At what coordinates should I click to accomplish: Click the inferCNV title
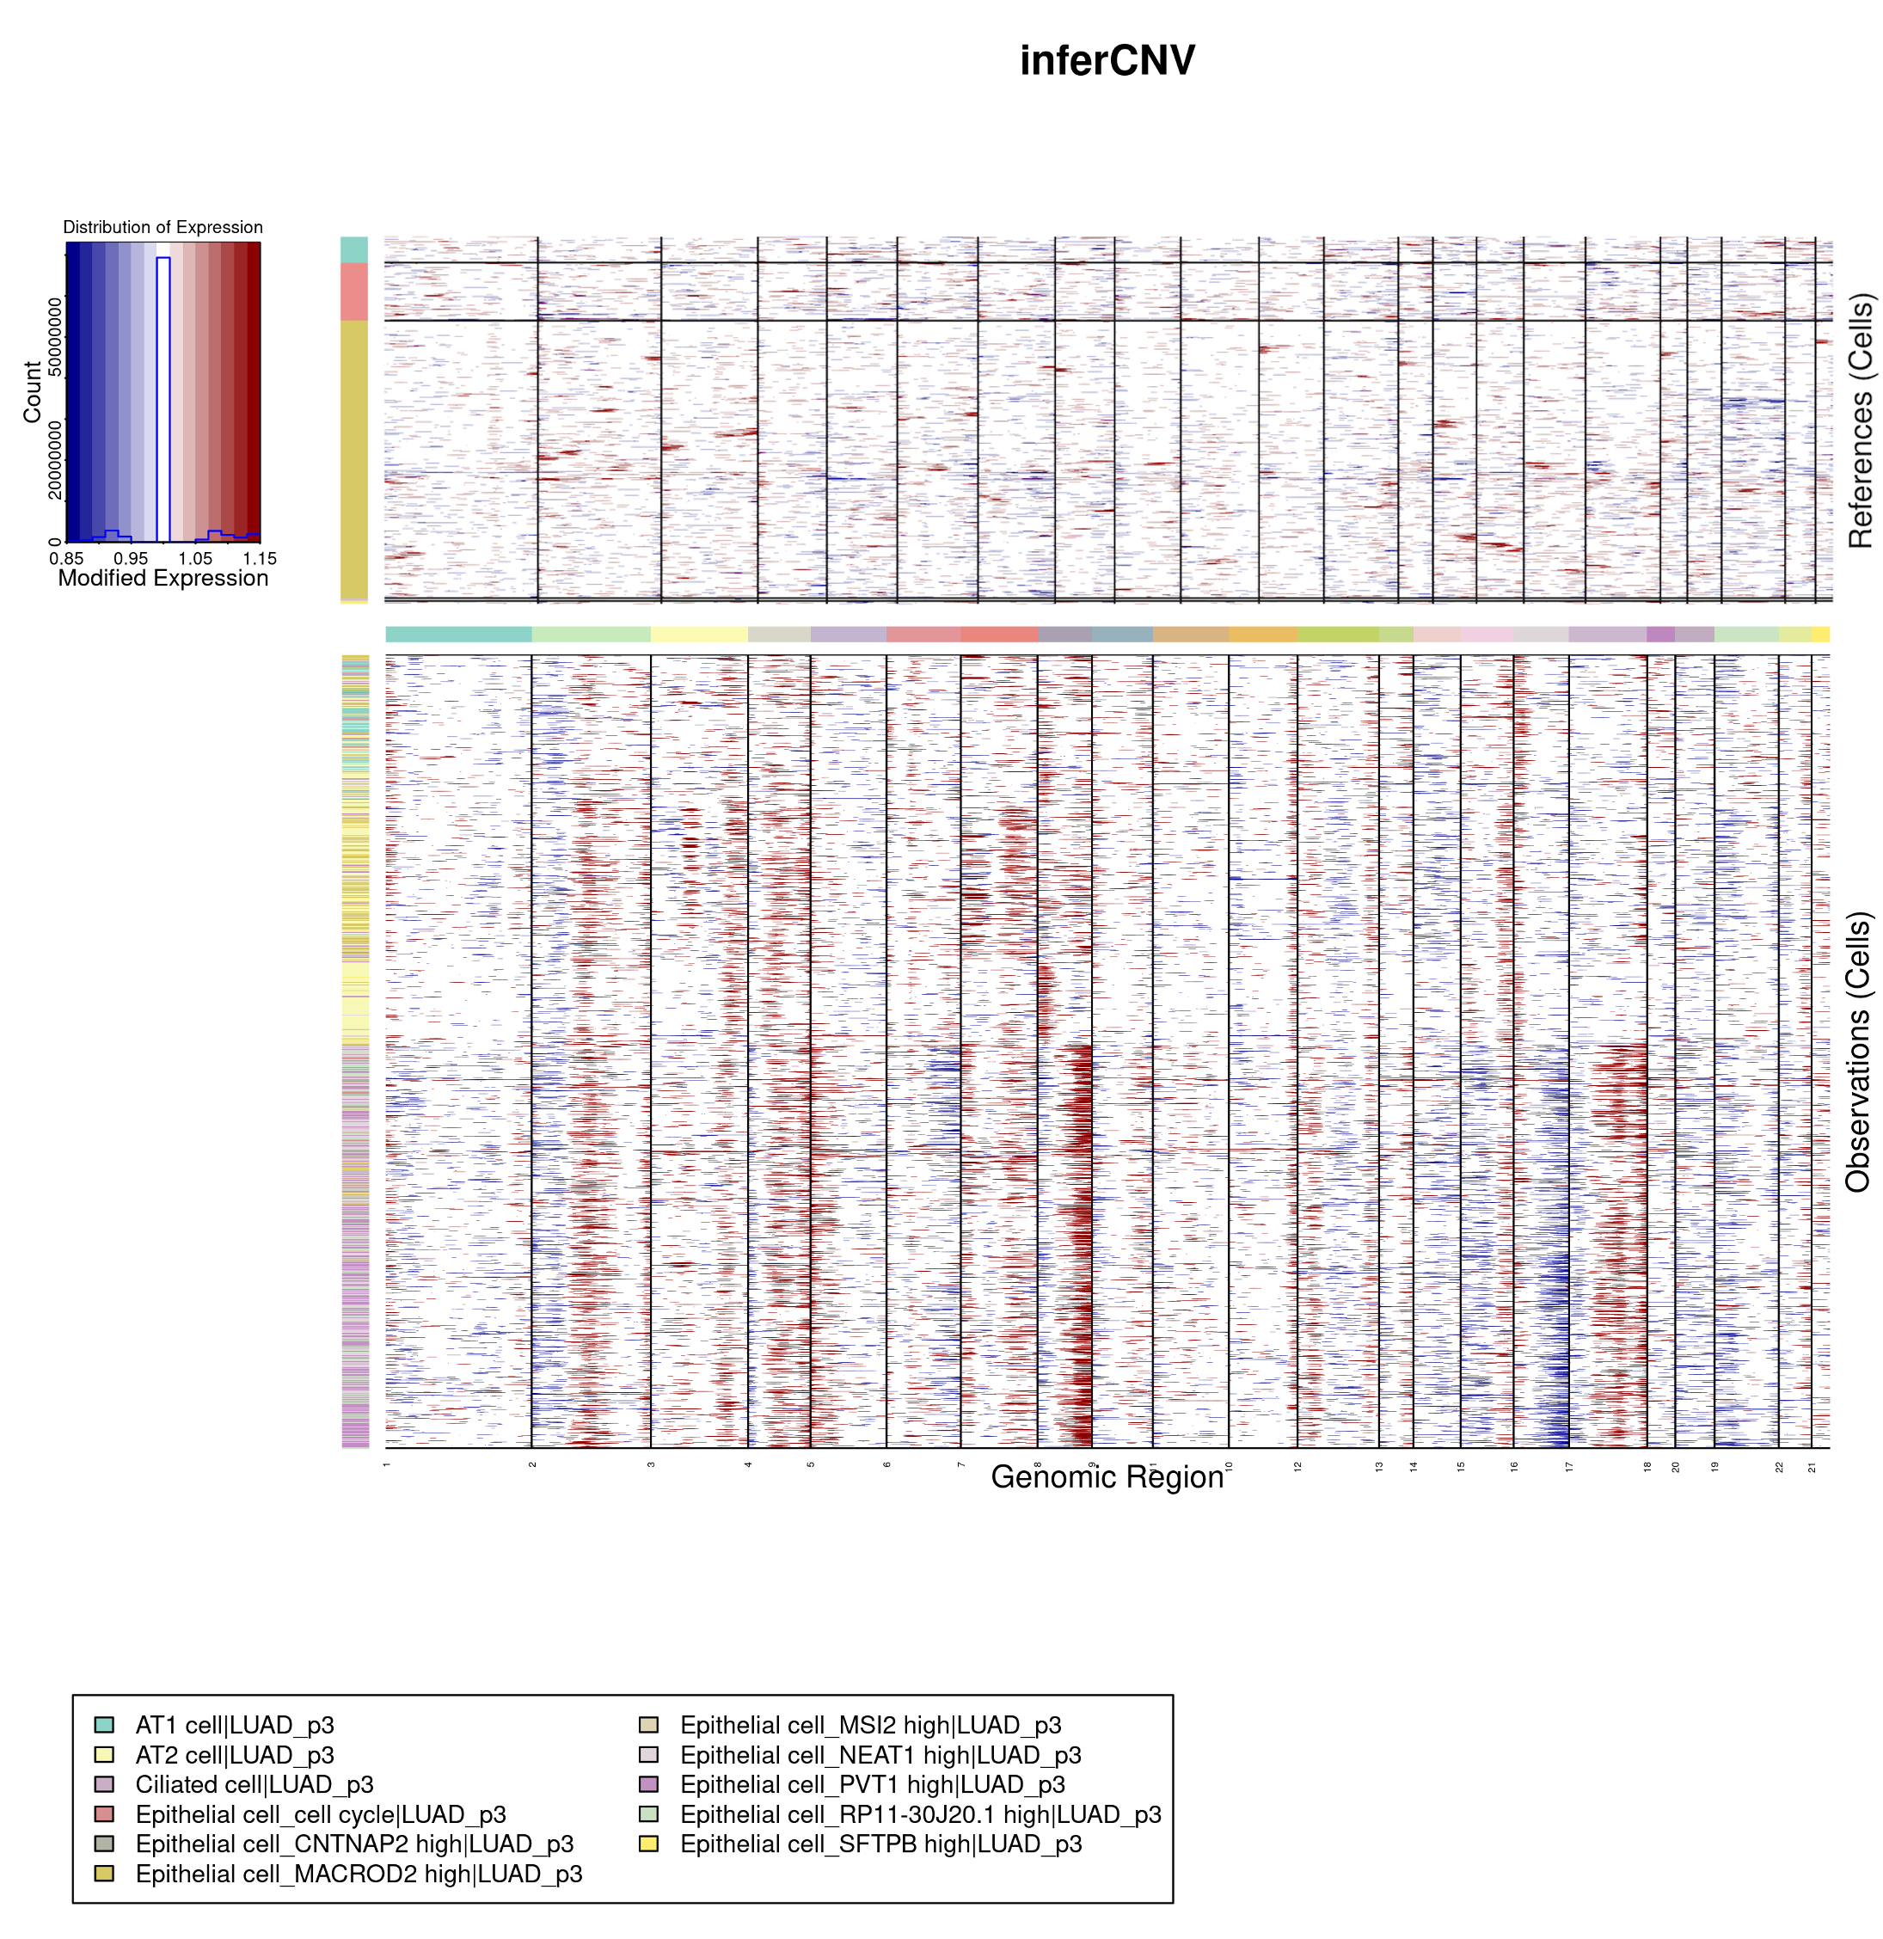[1107, 60]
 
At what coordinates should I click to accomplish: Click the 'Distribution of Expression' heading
[163, 228]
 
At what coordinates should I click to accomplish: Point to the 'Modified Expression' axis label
[163, 578]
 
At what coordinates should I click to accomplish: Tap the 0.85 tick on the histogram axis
[66, 558]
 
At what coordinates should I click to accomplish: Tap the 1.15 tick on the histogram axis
[259, 558]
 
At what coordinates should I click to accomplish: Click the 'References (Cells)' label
[1861, 420]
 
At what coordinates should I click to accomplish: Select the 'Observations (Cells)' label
[1857, 1052]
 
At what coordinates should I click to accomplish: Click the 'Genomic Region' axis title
[1107, 1477]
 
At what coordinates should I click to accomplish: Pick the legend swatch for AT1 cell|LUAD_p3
[104, 1725]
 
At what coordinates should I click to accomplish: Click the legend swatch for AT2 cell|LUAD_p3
[104, 1755]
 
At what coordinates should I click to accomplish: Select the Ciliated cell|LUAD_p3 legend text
[255, 1785]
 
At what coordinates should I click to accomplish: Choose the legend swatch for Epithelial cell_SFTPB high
[649, 1844]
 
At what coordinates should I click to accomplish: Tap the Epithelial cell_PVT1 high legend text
[872, 1785]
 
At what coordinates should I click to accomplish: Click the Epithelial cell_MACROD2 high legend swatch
[104, 1874]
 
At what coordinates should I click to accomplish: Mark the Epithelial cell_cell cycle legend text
[321, 1814]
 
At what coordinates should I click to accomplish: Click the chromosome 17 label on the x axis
[1568, 1467]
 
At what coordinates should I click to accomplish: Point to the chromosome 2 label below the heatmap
[532, 1465]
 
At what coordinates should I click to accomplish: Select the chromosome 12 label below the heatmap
[1297, 1467]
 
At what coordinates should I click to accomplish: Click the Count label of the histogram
[33, 392]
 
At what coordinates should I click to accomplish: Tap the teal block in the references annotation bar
[354, 249]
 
